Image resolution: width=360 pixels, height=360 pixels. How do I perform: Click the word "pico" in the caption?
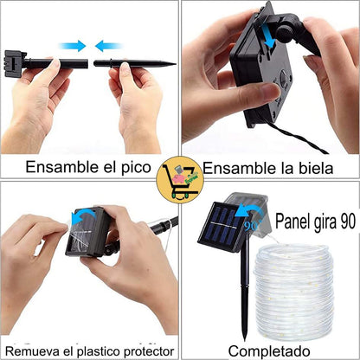(x=136, y=168)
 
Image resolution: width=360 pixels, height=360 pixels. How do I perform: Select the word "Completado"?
(x=269, y=351)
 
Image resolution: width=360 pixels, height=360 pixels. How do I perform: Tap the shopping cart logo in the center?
(x=180, y=180)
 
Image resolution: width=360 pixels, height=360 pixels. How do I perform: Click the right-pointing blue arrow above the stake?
(x=73, y=46)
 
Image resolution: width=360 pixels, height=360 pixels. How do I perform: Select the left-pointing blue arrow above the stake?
(x=109, y=46)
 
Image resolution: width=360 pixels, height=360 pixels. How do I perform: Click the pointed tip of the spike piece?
(x=176, y=64)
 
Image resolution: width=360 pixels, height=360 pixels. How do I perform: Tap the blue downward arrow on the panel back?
(x=267, y=36)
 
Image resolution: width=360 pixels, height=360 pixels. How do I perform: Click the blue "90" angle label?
(x=251, y=226)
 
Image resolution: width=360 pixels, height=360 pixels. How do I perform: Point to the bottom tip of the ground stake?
(x=245, y=340)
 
